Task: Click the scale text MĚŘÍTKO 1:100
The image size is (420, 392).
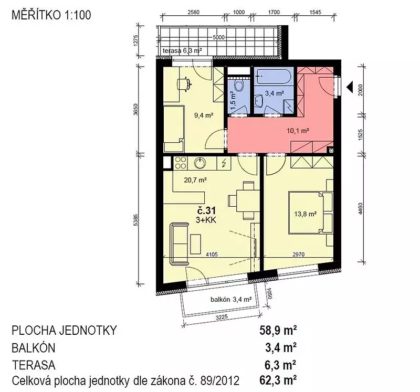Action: (x=51, y=15)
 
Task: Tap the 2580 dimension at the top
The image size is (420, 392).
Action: (x=194, y=12)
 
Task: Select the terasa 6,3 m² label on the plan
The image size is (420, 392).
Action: (x=182, y=50)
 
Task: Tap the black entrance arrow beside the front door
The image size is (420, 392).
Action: (x=350, y=86)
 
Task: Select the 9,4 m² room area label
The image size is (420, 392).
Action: (x=204, y=115)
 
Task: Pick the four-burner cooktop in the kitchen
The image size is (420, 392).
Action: (x=181, y=163)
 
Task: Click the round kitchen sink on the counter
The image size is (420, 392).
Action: (x=199, y=163)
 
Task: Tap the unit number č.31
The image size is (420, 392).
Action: (x=206, y=211)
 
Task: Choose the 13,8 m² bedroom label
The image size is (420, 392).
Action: (x=306, y=214)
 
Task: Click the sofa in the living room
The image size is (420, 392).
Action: (x=178, y=243)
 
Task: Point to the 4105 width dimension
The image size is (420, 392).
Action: (x=212, y=255)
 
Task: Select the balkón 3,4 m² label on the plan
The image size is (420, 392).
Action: (x=231, y=299)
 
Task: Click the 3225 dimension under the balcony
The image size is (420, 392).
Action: (x=222, y=317)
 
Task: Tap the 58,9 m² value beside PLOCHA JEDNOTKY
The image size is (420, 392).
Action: (x=278, y=331)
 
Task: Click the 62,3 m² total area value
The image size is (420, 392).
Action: (x=278, y=380)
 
